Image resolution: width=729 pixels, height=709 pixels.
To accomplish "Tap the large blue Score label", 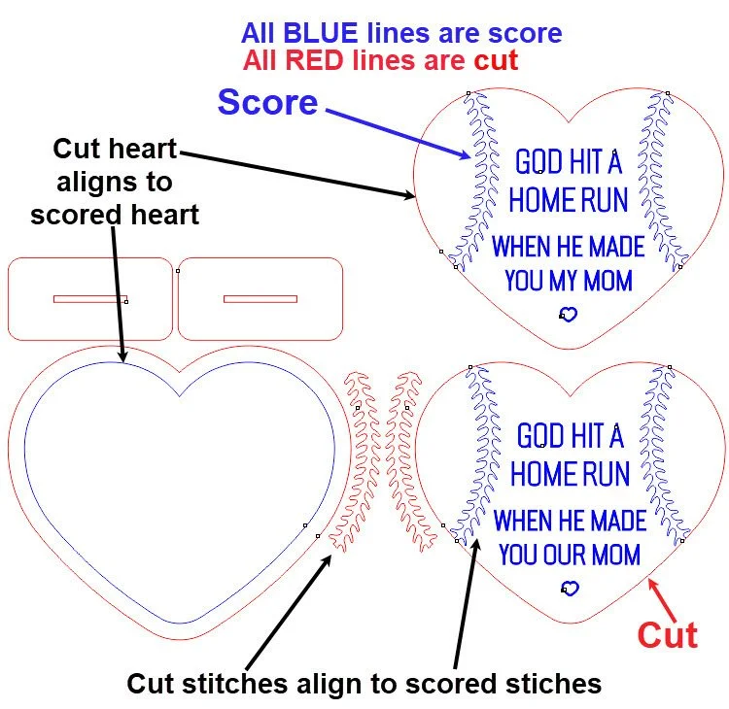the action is tap(267, 102).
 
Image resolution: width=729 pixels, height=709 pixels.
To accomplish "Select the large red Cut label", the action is tap(667, 635).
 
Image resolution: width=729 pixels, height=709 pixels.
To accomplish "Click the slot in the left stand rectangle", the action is tap(89, 298).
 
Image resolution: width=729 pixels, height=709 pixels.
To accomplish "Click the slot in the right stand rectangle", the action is tap(260, 298).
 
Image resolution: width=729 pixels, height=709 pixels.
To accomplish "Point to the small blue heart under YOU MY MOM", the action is tap(569, 314).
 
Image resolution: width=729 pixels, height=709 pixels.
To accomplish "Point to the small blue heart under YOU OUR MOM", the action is tap(571, 588).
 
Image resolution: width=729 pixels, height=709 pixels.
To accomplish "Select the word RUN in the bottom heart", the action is tap(604, 474).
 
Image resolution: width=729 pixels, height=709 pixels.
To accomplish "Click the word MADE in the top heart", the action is tap(615, 245).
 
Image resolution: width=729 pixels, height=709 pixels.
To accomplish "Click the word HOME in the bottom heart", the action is tap(541, 474).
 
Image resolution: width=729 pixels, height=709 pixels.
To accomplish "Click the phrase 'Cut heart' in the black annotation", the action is tap(115, 149).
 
